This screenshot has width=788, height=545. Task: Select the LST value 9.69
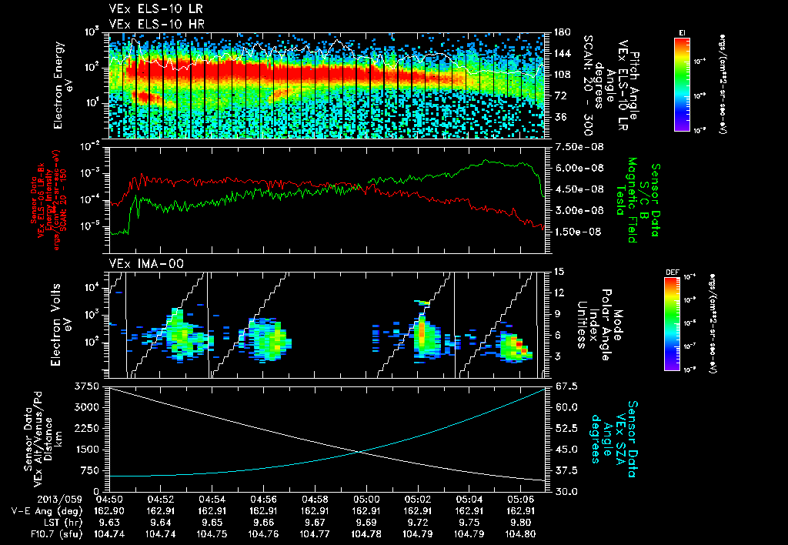point(366,522)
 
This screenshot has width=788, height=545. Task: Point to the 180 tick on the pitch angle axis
point(560,32)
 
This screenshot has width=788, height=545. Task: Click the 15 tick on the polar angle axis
point(558,272)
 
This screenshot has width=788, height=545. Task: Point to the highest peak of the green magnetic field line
point(486,160)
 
